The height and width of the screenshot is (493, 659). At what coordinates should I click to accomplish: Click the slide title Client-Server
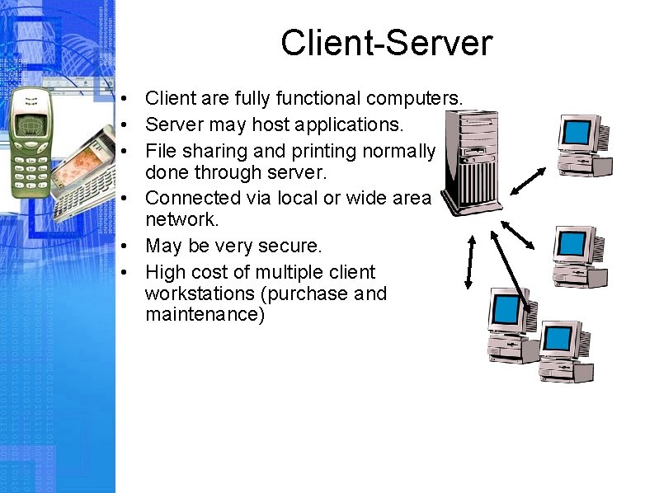point(386,43)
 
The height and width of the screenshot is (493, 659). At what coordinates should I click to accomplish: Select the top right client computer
point(584,144)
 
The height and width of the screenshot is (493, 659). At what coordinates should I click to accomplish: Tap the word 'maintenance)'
point(205,314)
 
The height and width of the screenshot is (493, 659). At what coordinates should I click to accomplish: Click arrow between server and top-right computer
point(528,181)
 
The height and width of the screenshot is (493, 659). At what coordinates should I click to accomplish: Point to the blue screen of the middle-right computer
point(568,242)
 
